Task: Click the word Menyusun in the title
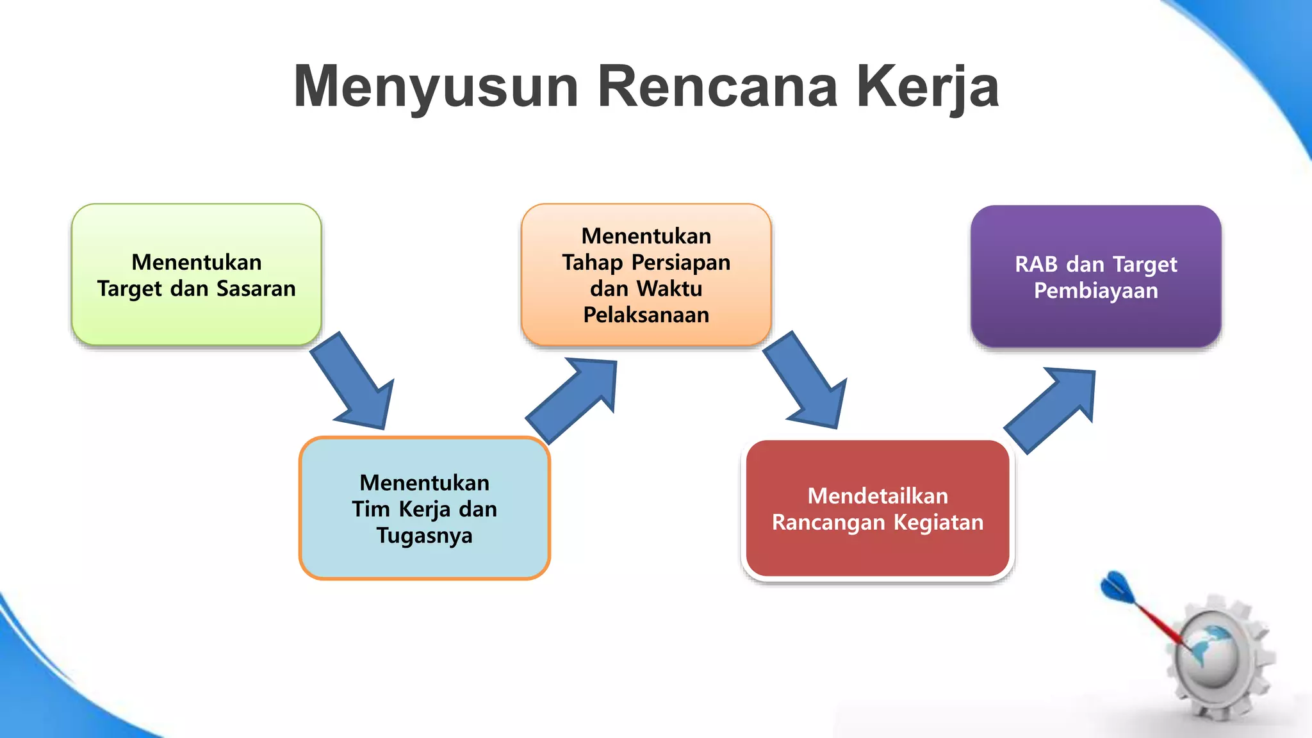(436, 86)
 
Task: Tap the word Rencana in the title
(717, 86)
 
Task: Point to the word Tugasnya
(424, 536)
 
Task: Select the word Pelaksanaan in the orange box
(646, 315)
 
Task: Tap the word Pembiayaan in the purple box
(1095, 291)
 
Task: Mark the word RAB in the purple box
(1036, 265)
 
